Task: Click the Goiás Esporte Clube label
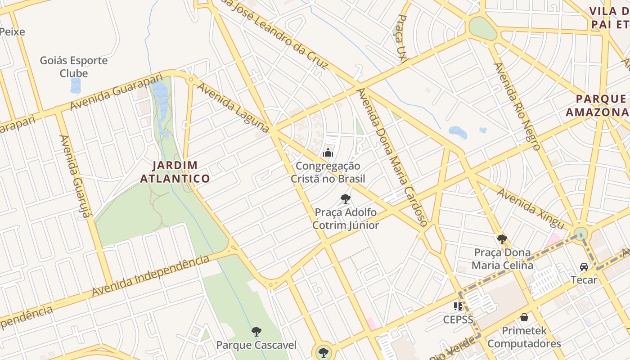[x=74, y=67]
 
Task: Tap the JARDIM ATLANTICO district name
[x=175, y=172]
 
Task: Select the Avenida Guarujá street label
[x=76, y=176]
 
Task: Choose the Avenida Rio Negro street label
[x=517, y=106]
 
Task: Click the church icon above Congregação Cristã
[x=328, y=153]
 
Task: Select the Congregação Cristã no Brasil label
[x=328, y=172]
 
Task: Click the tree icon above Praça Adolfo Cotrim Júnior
[x=345, y=198]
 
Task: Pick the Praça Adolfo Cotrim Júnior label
[x=346, y=218]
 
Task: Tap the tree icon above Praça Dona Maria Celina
[x=502, y=239]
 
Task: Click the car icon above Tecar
[x=584, y=267]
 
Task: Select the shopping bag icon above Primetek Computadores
[x=524, y=317]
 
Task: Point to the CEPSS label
[x=458, y=319]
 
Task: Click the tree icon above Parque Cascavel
[x=256, y=332]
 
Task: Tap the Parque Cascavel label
[x=256, y=345]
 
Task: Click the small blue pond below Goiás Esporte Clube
[x=76, y=85]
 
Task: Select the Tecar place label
[x=584, y=280]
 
